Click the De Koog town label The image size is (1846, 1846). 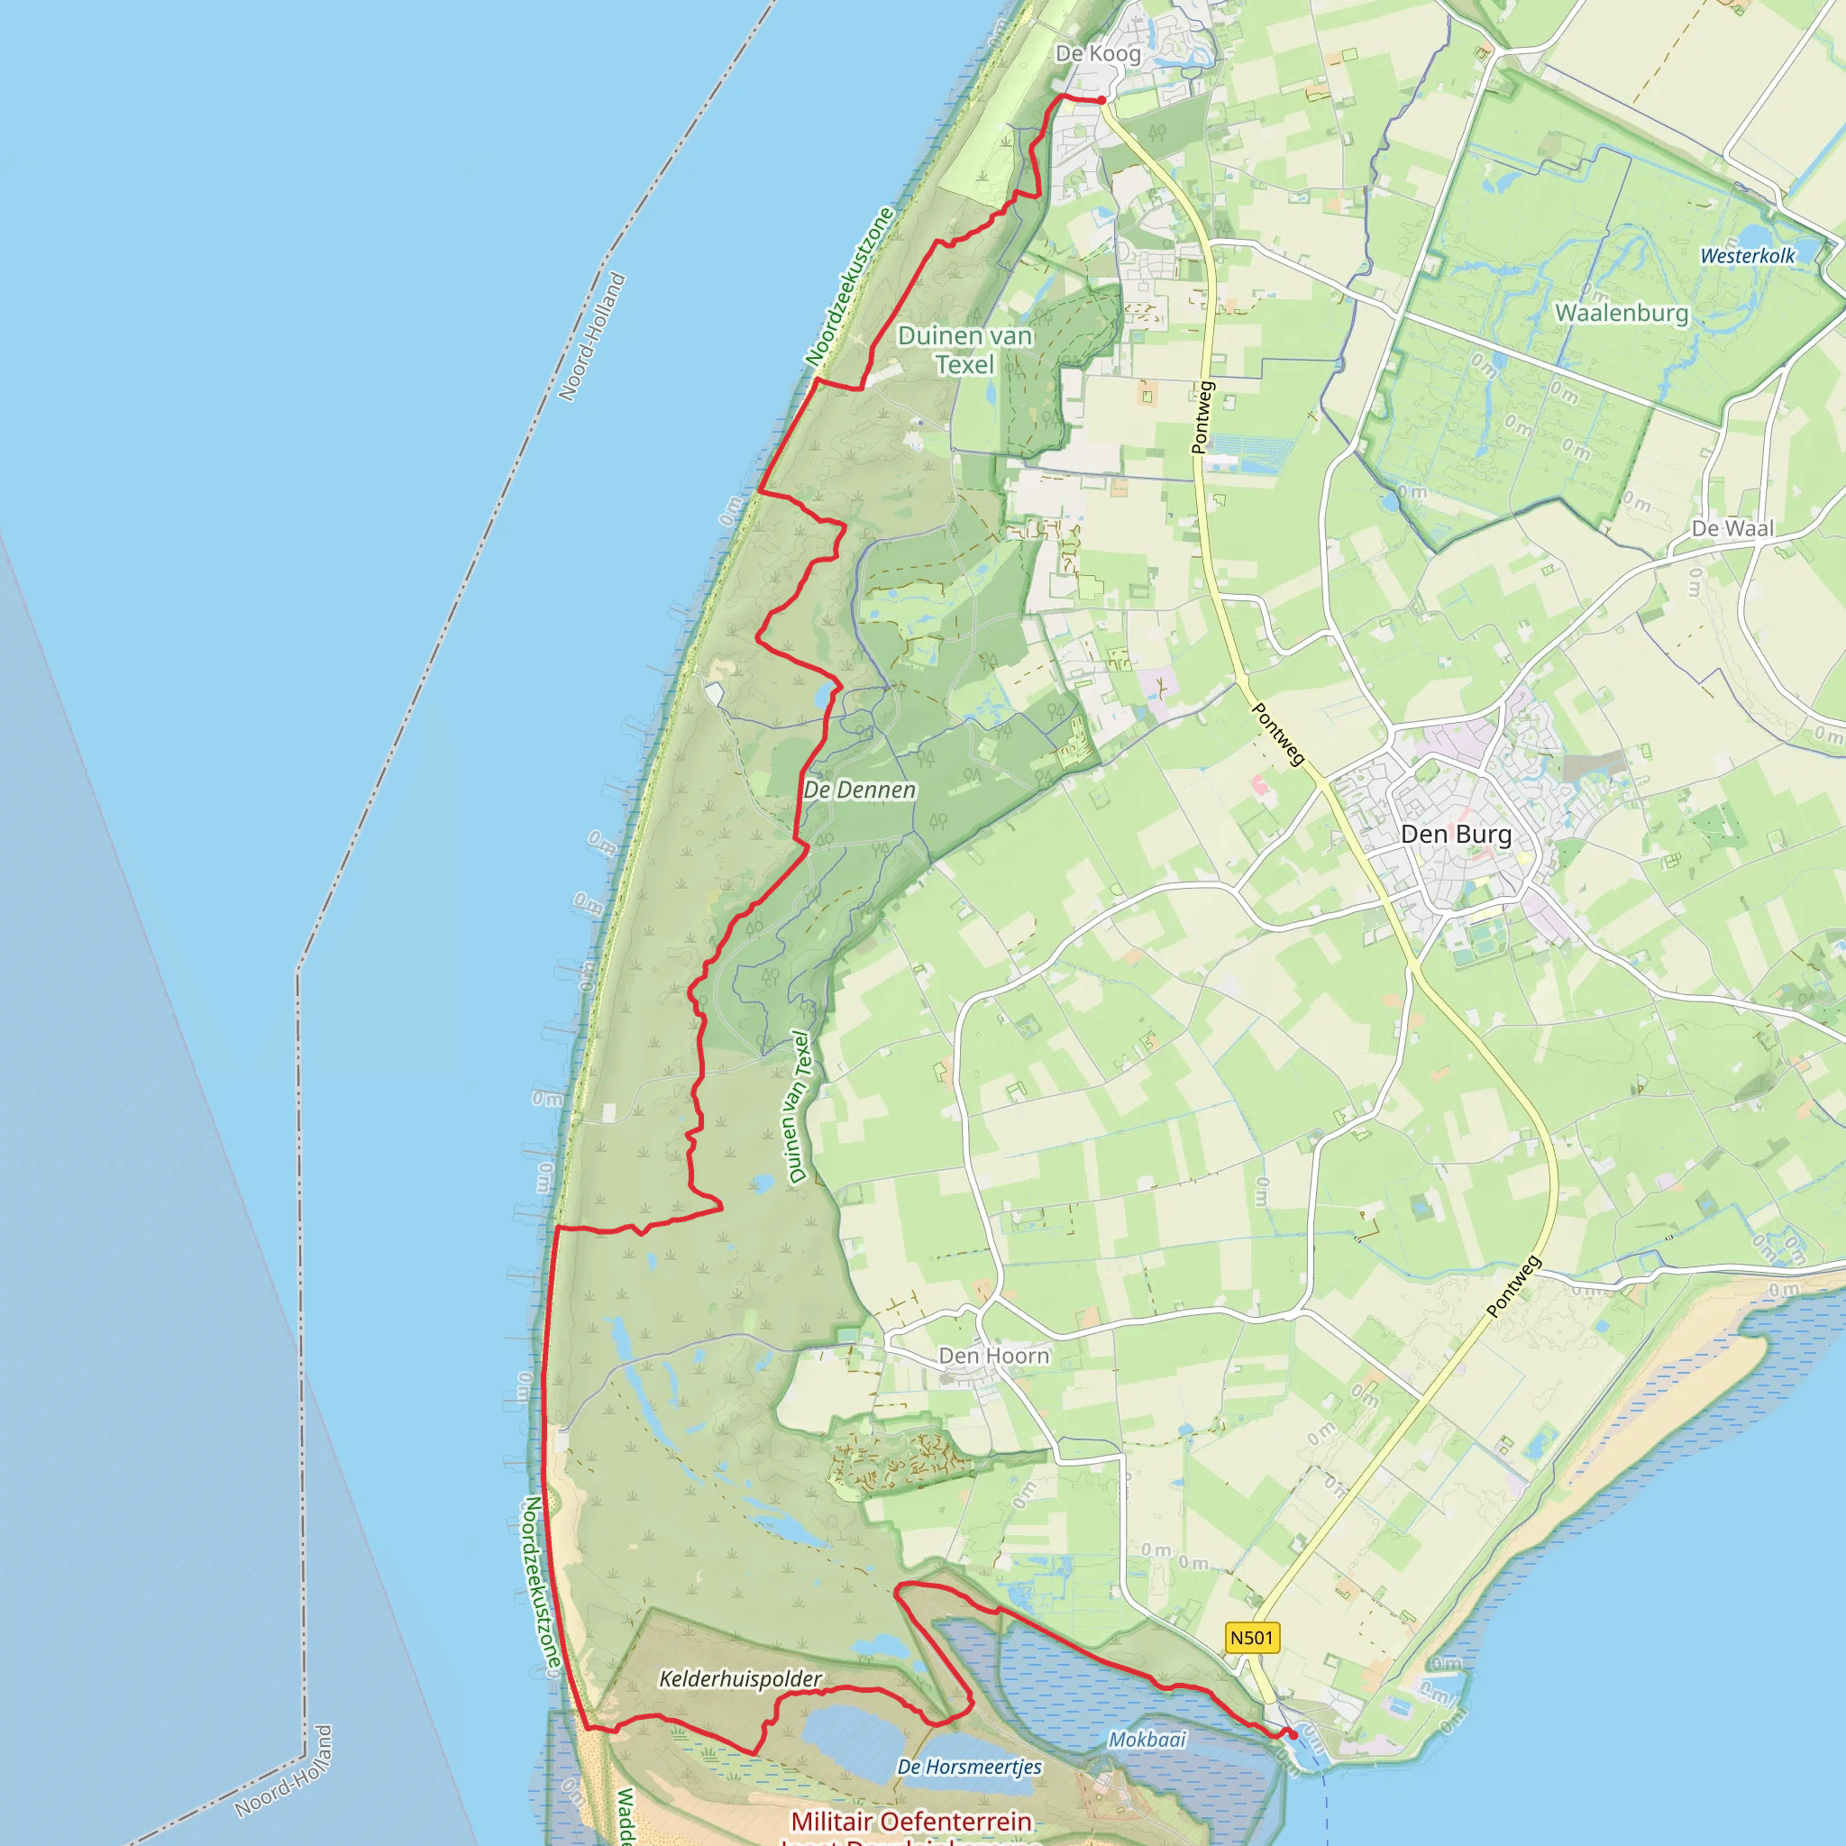click(x=1097, y=53)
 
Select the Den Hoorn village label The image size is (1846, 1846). click(x=993, y=1356)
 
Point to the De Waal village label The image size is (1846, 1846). click(x=1732, y=528)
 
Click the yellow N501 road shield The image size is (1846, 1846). click(x=1252, y=1638)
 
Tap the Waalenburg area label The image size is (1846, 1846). click(x=1622, y=313)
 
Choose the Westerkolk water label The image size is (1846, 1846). click(x=1748, y=255)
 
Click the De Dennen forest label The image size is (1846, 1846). click(x=859, y=790)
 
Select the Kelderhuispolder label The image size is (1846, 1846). click(x=741, y=1678)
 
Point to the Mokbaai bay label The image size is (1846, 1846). click(x=1147, y=1739)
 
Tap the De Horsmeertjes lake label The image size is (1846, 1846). click(x=969, y=1767)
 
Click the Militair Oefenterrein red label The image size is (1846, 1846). click(x=910, y=1821)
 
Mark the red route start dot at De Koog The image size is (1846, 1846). click(x=1101, y=99)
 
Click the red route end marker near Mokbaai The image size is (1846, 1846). click(x=1292, y=1734)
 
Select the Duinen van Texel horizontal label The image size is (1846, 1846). click(x=965, y=350)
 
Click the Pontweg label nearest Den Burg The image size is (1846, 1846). click(x=1277, y=734)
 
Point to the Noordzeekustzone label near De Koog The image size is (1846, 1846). click(x=848, y=287)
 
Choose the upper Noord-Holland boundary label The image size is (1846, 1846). click(x=591, y=337)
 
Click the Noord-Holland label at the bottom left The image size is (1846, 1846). click(x=284, y=1770)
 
